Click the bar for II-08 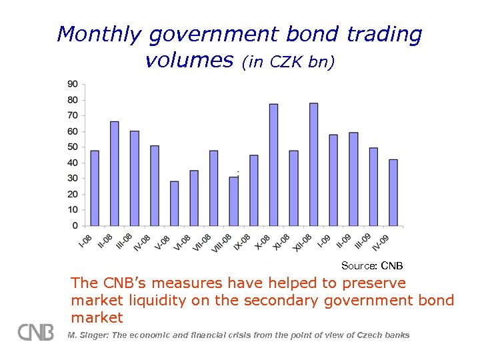click(x=114, y=173)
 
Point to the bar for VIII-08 click(x=233, y=201)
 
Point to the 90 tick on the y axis click(x=72, y=84)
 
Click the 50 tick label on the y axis click(x=72, y=147)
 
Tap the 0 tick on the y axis click(x=75, y=225)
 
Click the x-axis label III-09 click(x=363, y=242)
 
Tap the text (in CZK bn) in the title click(x=288, y=63)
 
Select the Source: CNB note click(x=372, y=266)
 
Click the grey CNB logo click(x=36, y=332)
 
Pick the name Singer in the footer click(x=93, y=335)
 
